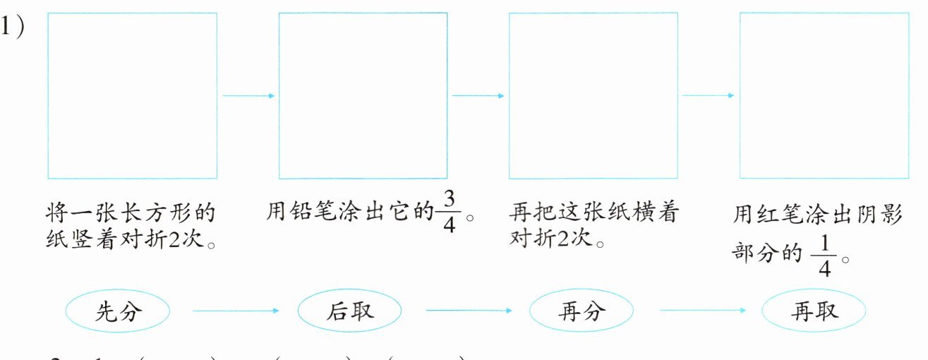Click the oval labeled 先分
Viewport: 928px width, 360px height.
[117, 311]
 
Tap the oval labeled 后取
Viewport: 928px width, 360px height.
[349, 311]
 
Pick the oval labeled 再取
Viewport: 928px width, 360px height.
[814, 311]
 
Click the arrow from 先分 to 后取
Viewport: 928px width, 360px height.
[236, 311]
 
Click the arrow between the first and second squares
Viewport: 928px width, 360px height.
[248, 95]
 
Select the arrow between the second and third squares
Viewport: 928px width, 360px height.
[478, 95]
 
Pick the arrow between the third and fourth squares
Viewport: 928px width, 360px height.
[709, 95]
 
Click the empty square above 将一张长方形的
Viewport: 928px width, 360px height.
[132, 95]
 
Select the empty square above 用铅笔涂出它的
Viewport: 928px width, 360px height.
[363, 95]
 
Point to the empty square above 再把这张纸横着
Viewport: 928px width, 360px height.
[593, 95]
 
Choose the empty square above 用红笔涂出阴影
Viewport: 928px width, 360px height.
[824, 95]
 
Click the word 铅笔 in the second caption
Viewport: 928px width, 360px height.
[312, 212]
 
